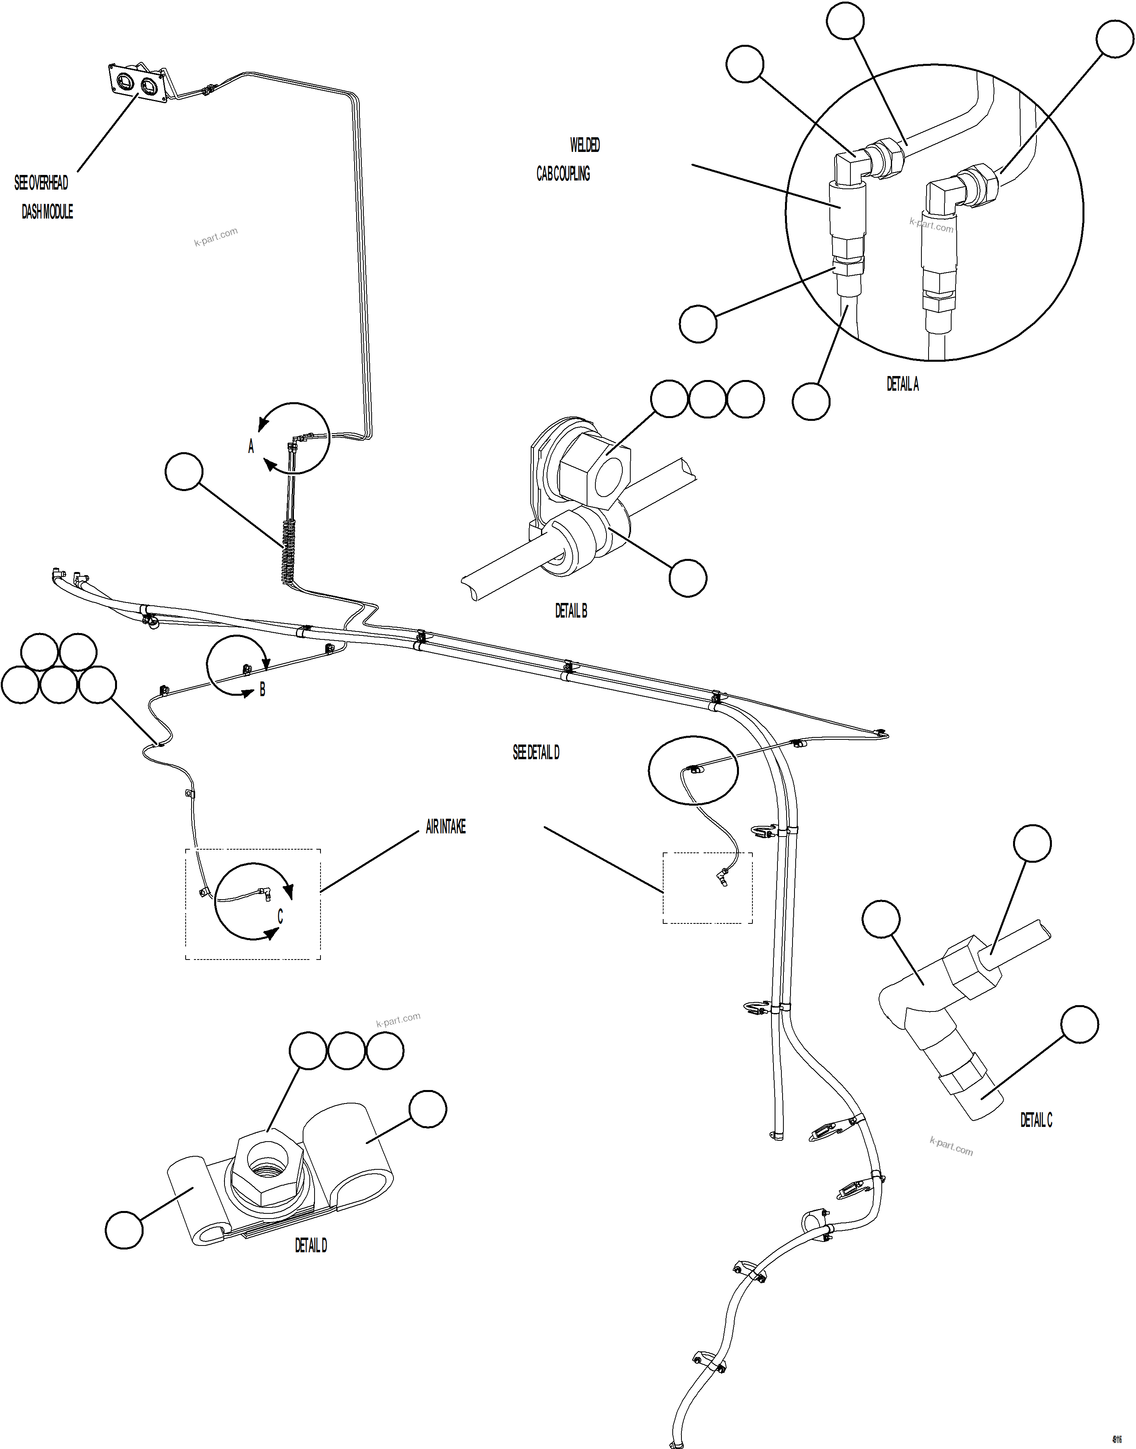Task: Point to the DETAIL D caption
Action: tap(311, 1246)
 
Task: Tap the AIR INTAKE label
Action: tap(445, 827)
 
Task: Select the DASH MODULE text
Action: tap(47, 212)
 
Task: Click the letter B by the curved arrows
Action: tap(262, 690)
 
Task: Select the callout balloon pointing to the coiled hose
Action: tap(184, 472)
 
